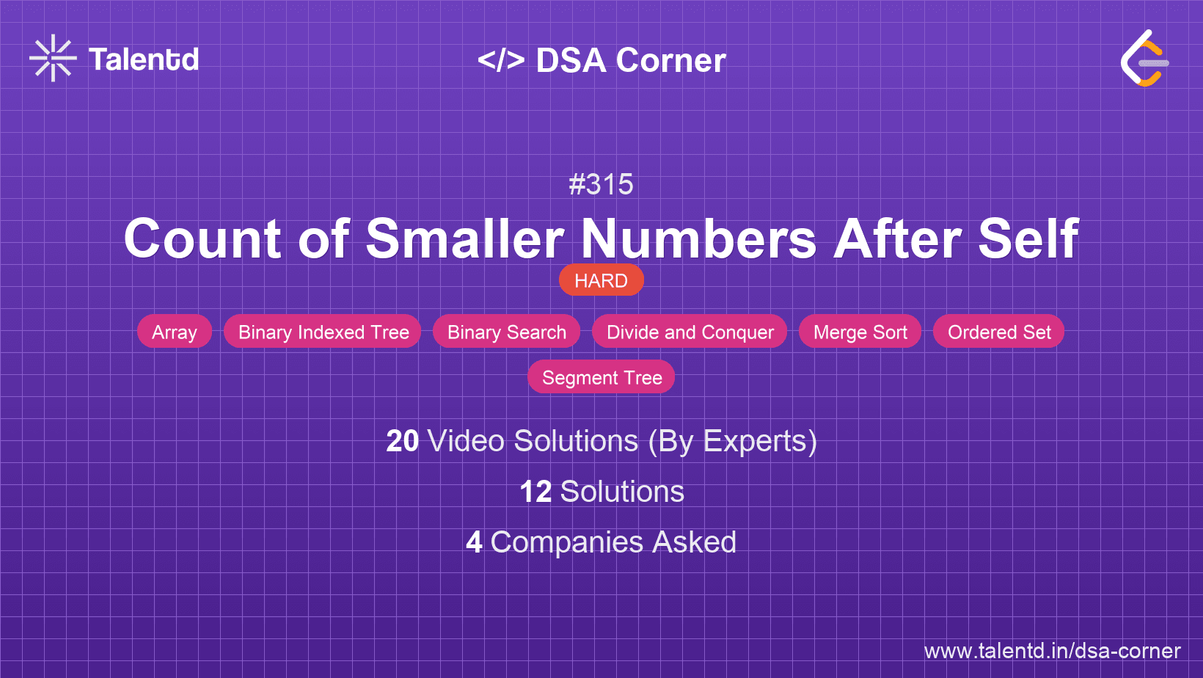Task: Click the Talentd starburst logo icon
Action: [53, 59]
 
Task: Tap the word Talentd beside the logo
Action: [144, 59]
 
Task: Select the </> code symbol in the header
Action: [501, 60]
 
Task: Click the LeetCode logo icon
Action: [1144, 59]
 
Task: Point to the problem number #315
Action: [601, 184]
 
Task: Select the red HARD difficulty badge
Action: [601, 280]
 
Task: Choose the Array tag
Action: [175, 332]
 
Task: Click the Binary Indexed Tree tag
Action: [323, 332]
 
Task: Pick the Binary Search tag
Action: [507, 332]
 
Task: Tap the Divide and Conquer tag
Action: [690, 332]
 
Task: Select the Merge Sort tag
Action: [860, 332]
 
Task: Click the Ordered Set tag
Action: [999, 332]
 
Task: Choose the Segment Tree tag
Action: [601, 377]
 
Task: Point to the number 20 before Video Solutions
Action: [402, 441]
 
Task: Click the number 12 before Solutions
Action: [535, 492]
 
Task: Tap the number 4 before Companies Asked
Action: [474, 542]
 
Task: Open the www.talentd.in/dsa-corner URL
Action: [1052, 651]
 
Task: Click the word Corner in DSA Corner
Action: [670, 60]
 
